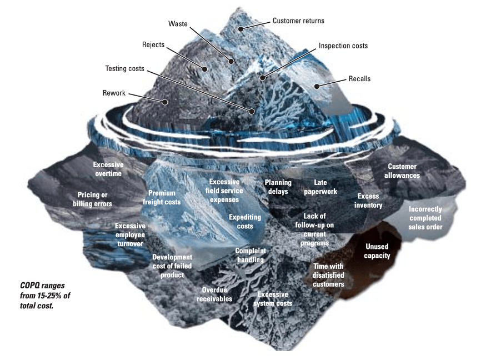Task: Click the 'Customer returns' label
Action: [298, 21]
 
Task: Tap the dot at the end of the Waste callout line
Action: [231, 61]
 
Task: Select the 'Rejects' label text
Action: [153, 45]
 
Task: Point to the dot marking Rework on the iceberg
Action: [165, 102]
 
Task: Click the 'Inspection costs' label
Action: [343, 46]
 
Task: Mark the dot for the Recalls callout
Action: [317, 86]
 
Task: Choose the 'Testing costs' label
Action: [124, 69]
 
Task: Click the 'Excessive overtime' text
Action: [108, 169]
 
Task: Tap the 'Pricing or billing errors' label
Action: [92, 199]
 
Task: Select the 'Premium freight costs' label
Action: [162, 198]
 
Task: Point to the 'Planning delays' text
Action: [278, 187]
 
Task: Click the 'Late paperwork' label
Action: [320, 187]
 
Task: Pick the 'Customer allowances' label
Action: [402, 171]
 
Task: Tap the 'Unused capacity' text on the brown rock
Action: [377, 251]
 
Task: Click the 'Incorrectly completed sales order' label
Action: [425, 218]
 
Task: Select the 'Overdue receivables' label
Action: [214, 294]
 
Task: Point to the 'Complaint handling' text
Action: [250, 255]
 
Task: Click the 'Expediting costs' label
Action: [245, 222]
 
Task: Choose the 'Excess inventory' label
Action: [368, 201]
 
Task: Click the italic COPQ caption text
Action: [45, 296]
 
